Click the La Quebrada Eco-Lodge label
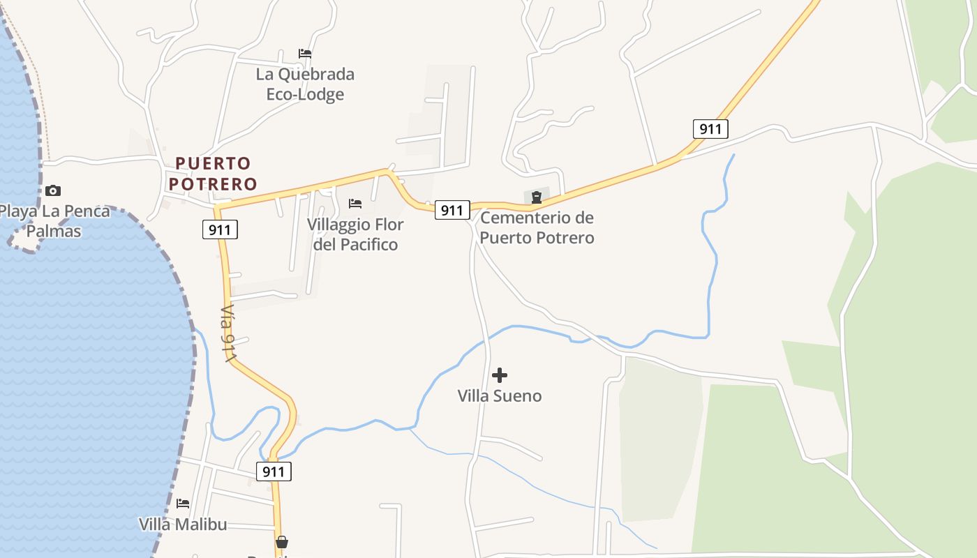coord(305,84)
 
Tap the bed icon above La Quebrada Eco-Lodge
coord(305,53)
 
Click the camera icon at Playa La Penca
coord(52,190)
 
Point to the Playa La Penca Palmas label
coord(54,220)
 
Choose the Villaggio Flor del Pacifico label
coord(355,234)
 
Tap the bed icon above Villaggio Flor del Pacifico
coord(355,204)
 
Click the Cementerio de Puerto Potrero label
coord(537,227)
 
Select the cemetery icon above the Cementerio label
coord(536,197)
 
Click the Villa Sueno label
coord(500,395)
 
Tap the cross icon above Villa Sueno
coord(500,375)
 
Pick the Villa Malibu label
coord(183,524)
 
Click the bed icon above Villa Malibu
coord(183,503)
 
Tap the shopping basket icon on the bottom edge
coord(282,542)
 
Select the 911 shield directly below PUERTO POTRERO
coord(221,229)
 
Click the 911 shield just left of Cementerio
coord(452,209)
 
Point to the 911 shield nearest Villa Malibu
coord(274,472)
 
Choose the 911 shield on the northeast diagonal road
coord(710,128)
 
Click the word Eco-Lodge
coord(305,93)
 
